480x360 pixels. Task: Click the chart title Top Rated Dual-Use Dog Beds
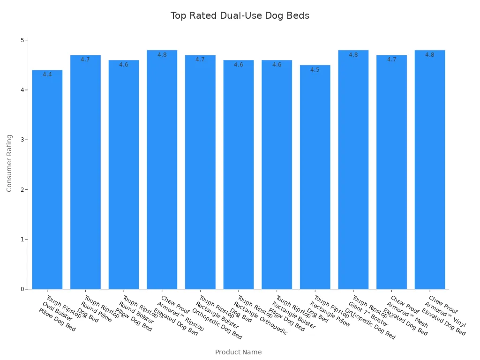pyautogui.click(x=240, y=15)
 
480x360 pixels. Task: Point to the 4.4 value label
pyautogui.click(x=47, y=75)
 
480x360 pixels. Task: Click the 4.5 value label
pyautogui.click(x=315, y=70)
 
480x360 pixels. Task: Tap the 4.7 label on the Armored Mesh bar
pyautogui.click(x=391, y=60)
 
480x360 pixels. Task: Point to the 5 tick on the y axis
pyautogui.click(x=22, y=40)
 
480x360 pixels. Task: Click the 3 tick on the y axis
pyautogui.click(x=22, y=140)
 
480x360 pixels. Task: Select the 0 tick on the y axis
pyautogui.click(x=22, y=289)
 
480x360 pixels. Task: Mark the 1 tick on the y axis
pyautogui.click(x=22, y=240)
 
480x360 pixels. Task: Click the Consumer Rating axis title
pyautogui.click(x=9, y=163)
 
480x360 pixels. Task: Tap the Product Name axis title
pyautogui.click(x=238, y=352)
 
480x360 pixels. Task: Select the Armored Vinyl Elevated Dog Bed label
pyautogui.click(x=446, y=315)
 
